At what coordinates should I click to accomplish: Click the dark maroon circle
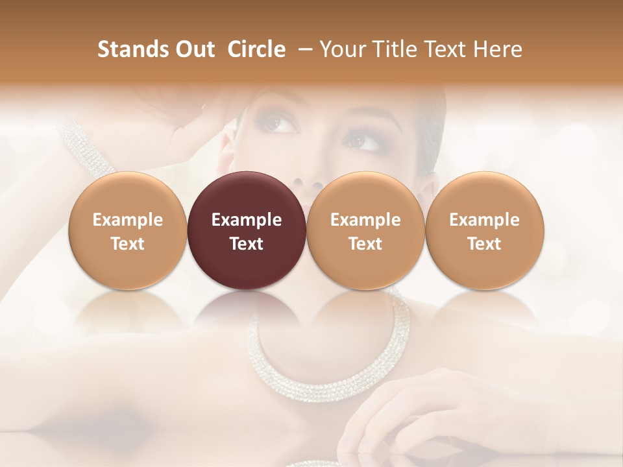[247, 231]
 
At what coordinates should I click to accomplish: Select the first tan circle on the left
[127, 231]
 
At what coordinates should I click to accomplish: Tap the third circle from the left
[365, 231]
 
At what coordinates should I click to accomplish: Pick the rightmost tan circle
[484, 231]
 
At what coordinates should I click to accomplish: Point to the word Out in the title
[192, 49]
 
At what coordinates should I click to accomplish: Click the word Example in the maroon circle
[247, 220]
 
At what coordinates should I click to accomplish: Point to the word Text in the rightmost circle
[484, 244]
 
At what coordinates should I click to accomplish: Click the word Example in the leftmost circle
[127, 220]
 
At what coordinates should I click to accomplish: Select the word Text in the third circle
[365, 244]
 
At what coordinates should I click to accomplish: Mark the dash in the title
[302, 49]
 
